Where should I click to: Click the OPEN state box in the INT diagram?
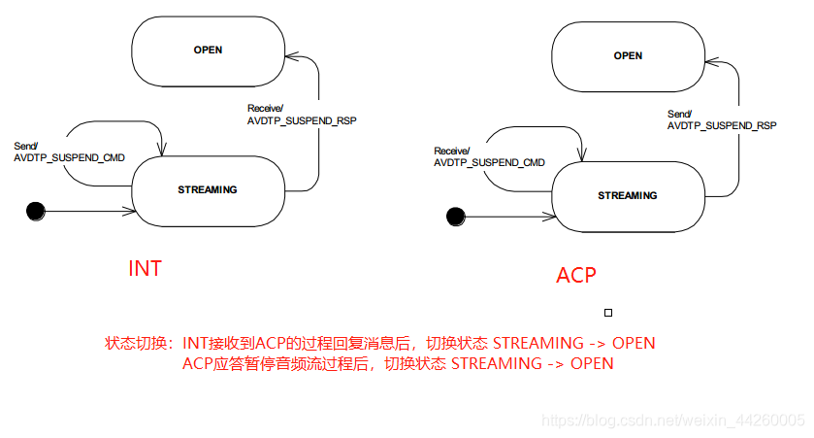tap(208, 51)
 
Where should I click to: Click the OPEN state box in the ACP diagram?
tap(628, 56)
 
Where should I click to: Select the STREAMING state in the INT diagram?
tap(207, 189)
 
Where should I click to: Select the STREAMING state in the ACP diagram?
tap(627, 195)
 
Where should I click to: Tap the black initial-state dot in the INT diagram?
tap(37, 210)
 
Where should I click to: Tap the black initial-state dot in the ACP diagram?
tap(455, 216)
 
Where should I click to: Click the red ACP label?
tap(575, 275)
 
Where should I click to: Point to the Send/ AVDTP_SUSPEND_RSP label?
tap(722, 119)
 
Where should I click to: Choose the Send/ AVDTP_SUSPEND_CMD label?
tap(69, 152)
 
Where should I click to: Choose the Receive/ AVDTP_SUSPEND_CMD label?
tap(488, 156)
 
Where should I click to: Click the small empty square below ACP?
tap(608, 313)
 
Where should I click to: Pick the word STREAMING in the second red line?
tap(494, 363)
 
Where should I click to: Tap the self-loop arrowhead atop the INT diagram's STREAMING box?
tap(162, 151)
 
